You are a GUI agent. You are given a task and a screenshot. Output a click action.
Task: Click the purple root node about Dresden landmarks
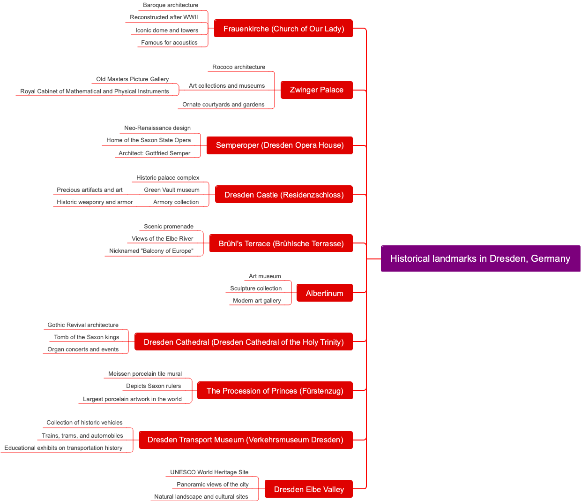480,258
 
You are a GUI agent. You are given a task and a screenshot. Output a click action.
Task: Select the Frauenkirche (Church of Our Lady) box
283,29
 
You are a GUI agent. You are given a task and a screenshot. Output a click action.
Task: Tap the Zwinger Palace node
316,90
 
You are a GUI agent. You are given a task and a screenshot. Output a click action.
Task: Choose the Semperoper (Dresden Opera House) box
280,145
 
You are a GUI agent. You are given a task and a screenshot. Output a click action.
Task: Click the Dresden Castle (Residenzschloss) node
284,195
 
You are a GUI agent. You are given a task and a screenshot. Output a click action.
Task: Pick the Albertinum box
324,293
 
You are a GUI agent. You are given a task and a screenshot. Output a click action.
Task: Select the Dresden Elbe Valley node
309,489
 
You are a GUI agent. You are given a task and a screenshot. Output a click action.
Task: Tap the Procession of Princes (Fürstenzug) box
275,391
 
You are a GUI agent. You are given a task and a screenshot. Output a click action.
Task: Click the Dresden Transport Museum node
246,440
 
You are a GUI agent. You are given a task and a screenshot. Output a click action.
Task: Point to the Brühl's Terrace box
281,243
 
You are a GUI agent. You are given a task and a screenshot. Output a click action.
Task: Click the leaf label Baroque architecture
171,5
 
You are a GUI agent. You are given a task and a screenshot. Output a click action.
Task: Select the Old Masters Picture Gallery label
133,79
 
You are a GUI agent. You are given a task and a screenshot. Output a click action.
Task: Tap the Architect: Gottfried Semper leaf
155,153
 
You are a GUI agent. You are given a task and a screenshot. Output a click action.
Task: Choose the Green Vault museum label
172,190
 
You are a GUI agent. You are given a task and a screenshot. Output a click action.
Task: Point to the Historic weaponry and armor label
95,202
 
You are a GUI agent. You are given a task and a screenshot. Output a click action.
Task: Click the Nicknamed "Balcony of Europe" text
151,251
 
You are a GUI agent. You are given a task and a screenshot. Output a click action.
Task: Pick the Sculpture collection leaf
256,288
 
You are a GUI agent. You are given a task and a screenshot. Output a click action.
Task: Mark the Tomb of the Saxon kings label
87,337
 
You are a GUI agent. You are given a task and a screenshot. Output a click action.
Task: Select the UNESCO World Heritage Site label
209,472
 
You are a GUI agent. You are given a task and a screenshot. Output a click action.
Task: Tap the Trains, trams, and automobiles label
82,436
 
